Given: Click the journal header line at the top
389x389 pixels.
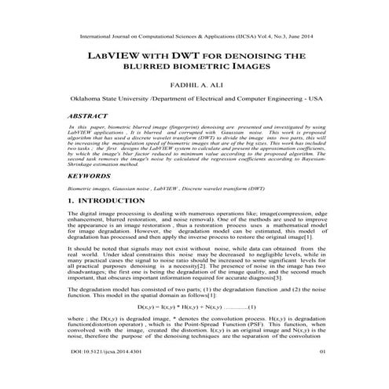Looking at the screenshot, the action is [195, 36].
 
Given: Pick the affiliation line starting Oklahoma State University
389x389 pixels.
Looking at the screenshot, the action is [194, 101].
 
